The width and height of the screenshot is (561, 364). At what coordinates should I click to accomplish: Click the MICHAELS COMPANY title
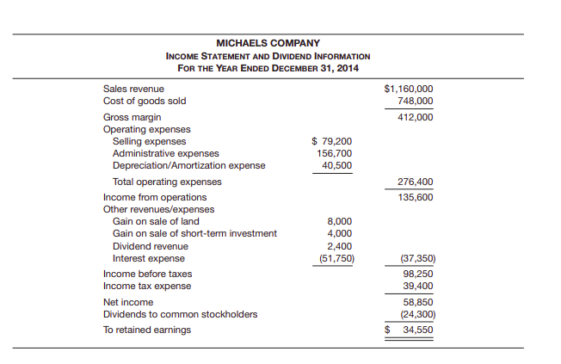(x=268, y=43)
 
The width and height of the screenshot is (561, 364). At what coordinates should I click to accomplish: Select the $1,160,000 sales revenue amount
(x=408, y=89)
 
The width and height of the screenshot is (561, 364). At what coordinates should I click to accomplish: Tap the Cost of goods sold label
(x=144, y=101)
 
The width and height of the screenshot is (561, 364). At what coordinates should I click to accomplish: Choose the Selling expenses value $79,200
(x=331, y=141)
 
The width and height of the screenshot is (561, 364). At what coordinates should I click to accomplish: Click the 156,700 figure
(x=334, y=153)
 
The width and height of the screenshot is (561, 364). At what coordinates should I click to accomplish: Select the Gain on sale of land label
(x=156, y=221)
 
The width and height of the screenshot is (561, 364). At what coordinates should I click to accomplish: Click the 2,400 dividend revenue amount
(x=339, y=245)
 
